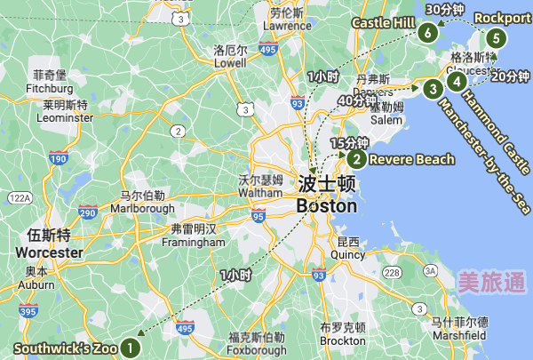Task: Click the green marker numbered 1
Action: (131, 347)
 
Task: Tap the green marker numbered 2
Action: (356, 160)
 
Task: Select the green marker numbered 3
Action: (432, 89)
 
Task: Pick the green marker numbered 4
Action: (457, 82)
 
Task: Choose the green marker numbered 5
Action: (495, 38)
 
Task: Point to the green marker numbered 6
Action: (429, 34)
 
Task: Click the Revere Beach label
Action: (411, 160)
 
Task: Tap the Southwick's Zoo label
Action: (64, 348)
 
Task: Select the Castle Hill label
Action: (384, 22)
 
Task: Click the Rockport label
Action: (503, 17)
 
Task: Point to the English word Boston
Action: (326, 206)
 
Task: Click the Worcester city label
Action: (49, 252)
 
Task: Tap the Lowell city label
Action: (229, 64)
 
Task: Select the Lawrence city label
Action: (286, 26)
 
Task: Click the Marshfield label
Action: (458, 335)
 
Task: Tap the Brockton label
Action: (343, 340)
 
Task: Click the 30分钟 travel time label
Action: (445, 10)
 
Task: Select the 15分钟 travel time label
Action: (349, 143)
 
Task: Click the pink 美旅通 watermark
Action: (491, 283)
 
